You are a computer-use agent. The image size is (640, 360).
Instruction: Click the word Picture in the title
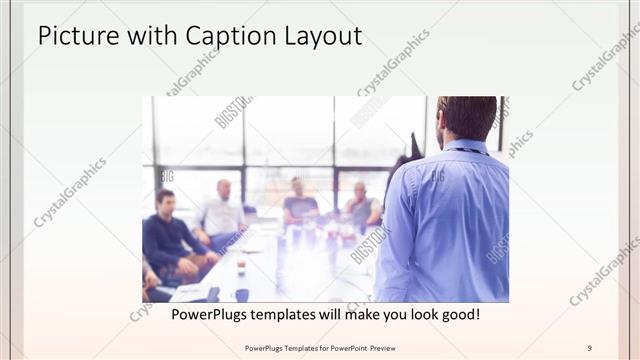pyautogui.click(x=75, y=37)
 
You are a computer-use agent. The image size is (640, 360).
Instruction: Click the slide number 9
pyautogui.click(x=590, y=347)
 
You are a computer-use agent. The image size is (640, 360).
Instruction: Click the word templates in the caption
pyautogui.click(x=301, y=314)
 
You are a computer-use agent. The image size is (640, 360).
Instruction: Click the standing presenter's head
pyautogui.click(x=465, y=118)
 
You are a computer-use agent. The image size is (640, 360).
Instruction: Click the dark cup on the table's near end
pyautogui.click(x=241, y=295)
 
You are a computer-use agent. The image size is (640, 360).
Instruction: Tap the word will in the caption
pyautogui.click(x=353, y=314)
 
